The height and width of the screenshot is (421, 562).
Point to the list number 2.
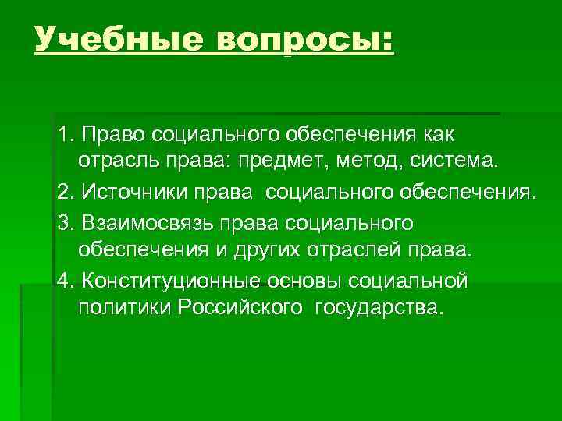click(64, 192)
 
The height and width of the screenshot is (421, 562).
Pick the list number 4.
click(64, 279)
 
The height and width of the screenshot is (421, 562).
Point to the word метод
click(384, 163)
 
